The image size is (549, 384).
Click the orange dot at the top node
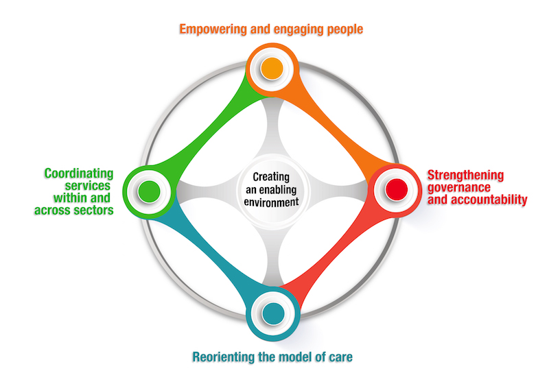pos(272,68)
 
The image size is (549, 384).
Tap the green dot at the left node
pos(148,192)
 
